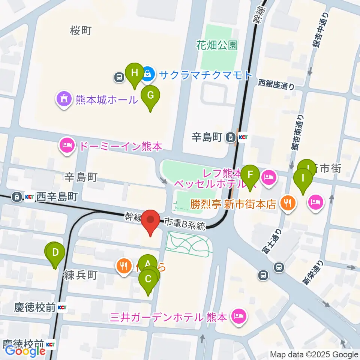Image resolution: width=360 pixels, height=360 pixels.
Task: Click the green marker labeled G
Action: pos(150,95)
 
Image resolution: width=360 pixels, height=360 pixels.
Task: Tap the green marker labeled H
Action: pos(134,72)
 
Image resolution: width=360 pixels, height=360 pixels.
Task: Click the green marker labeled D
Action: pos(56,252)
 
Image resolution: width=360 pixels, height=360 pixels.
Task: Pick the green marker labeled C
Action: pos(148,279)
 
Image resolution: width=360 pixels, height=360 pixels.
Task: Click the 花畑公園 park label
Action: pos(217,46)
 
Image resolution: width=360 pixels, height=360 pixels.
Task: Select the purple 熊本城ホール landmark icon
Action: pos(63,99)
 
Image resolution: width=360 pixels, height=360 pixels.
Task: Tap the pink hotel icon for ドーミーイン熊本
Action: pos(67,146)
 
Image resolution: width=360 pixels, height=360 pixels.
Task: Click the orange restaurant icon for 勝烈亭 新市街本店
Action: pos(288,204)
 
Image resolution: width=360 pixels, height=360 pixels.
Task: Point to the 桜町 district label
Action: pos(81,31)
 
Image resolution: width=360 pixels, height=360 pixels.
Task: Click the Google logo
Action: pos(25,351)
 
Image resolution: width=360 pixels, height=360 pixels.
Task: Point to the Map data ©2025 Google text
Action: pos(314,354)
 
